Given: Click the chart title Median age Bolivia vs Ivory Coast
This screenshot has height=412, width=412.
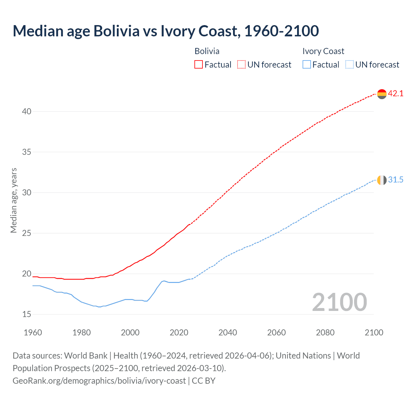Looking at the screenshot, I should point(166,31).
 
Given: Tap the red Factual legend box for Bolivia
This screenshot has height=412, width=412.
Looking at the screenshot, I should point(199,65).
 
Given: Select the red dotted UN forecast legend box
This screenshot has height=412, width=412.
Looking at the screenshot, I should point(241,65).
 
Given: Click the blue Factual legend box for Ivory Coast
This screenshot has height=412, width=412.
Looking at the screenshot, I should point(307,65).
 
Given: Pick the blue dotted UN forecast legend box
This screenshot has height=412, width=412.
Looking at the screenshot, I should point(350,65).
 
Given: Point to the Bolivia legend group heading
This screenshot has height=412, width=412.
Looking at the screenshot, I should point(207,51).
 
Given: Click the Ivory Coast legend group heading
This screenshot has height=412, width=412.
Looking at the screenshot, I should point(323,51).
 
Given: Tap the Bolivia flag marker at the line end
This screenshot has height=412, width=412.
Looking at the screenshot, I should point(382,94).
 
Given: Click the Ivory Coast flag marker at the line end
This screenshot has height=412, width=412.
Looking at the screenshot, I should point(382,180).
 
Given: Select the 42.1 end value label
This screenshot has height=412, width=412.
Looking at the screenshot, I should point(396,94).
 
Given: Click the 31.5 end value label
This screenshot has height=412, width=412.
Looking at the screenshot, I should point(396,180).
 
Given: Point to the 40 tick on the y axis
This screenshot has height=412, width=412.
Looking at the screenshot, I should point(27,111).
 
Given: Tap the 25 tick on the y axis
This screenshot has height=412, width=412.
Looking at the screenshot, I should point(27,233).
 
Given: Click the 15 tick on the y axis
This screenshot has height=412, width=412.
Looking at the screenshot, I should point(27,314).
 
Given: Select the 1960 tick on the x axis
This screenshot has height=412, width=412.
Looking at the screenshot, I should point(33,332).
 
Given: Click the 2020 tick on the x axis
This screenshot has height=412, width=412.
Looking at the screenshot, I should point(179,332).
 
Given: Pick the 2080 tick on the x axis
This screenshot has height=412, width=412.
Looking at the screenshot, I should point(325,332).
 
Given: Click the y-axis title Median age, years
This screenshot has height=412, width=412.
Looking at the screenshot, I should point(14,200).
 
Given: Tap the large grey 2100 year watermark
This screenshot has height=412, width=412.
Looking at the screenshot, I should point(339,302).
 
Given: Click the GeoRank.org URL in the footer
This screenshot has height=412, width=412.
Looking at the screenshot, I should point(99,380).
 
